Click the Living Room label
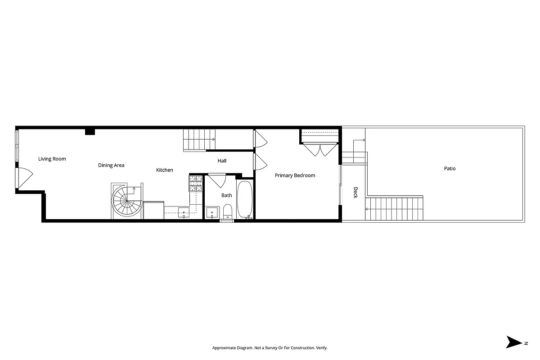[x=52, y=159]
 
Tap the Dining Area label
[x=111, y=166]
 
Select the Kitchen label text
[x=164, y=170]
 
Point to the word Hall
[x=222, y=161]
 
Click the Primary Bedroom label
[x=295, y=175]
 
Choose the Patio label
[x=450, y=169]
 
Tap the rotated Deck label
[x=355, y=193]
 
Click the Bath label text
[x=226, y=195]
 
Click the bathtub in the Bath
[x=245, y=199]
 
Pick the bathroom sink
[x=211, y=212]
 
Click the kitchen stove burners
[x=195, y=182]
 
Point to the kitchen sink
[x=184, y=212]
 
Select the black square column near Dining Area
[x=90, y=131]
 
